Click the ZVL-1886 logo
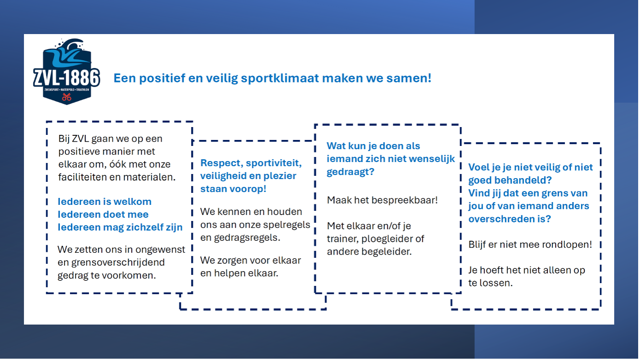pos(67,72)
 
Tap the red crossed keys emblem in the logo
pos(67,97)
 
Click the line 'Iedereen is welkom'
pos(105,202)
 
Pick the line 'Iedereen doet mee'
pos(103,215)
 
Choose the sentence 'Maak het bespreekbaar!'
pos(382,200)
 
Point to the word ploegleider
pos(389,239)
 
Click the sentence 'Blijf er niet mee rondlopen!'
pos(530,245)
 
